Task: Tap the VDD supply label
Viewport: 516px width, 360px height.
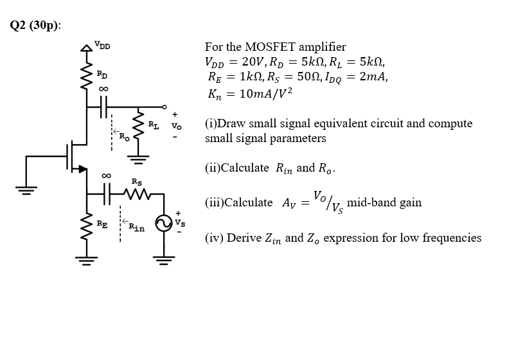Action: coord(102,45)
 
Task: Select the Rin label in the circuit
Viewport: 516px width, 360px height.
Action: coord(136,226)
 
